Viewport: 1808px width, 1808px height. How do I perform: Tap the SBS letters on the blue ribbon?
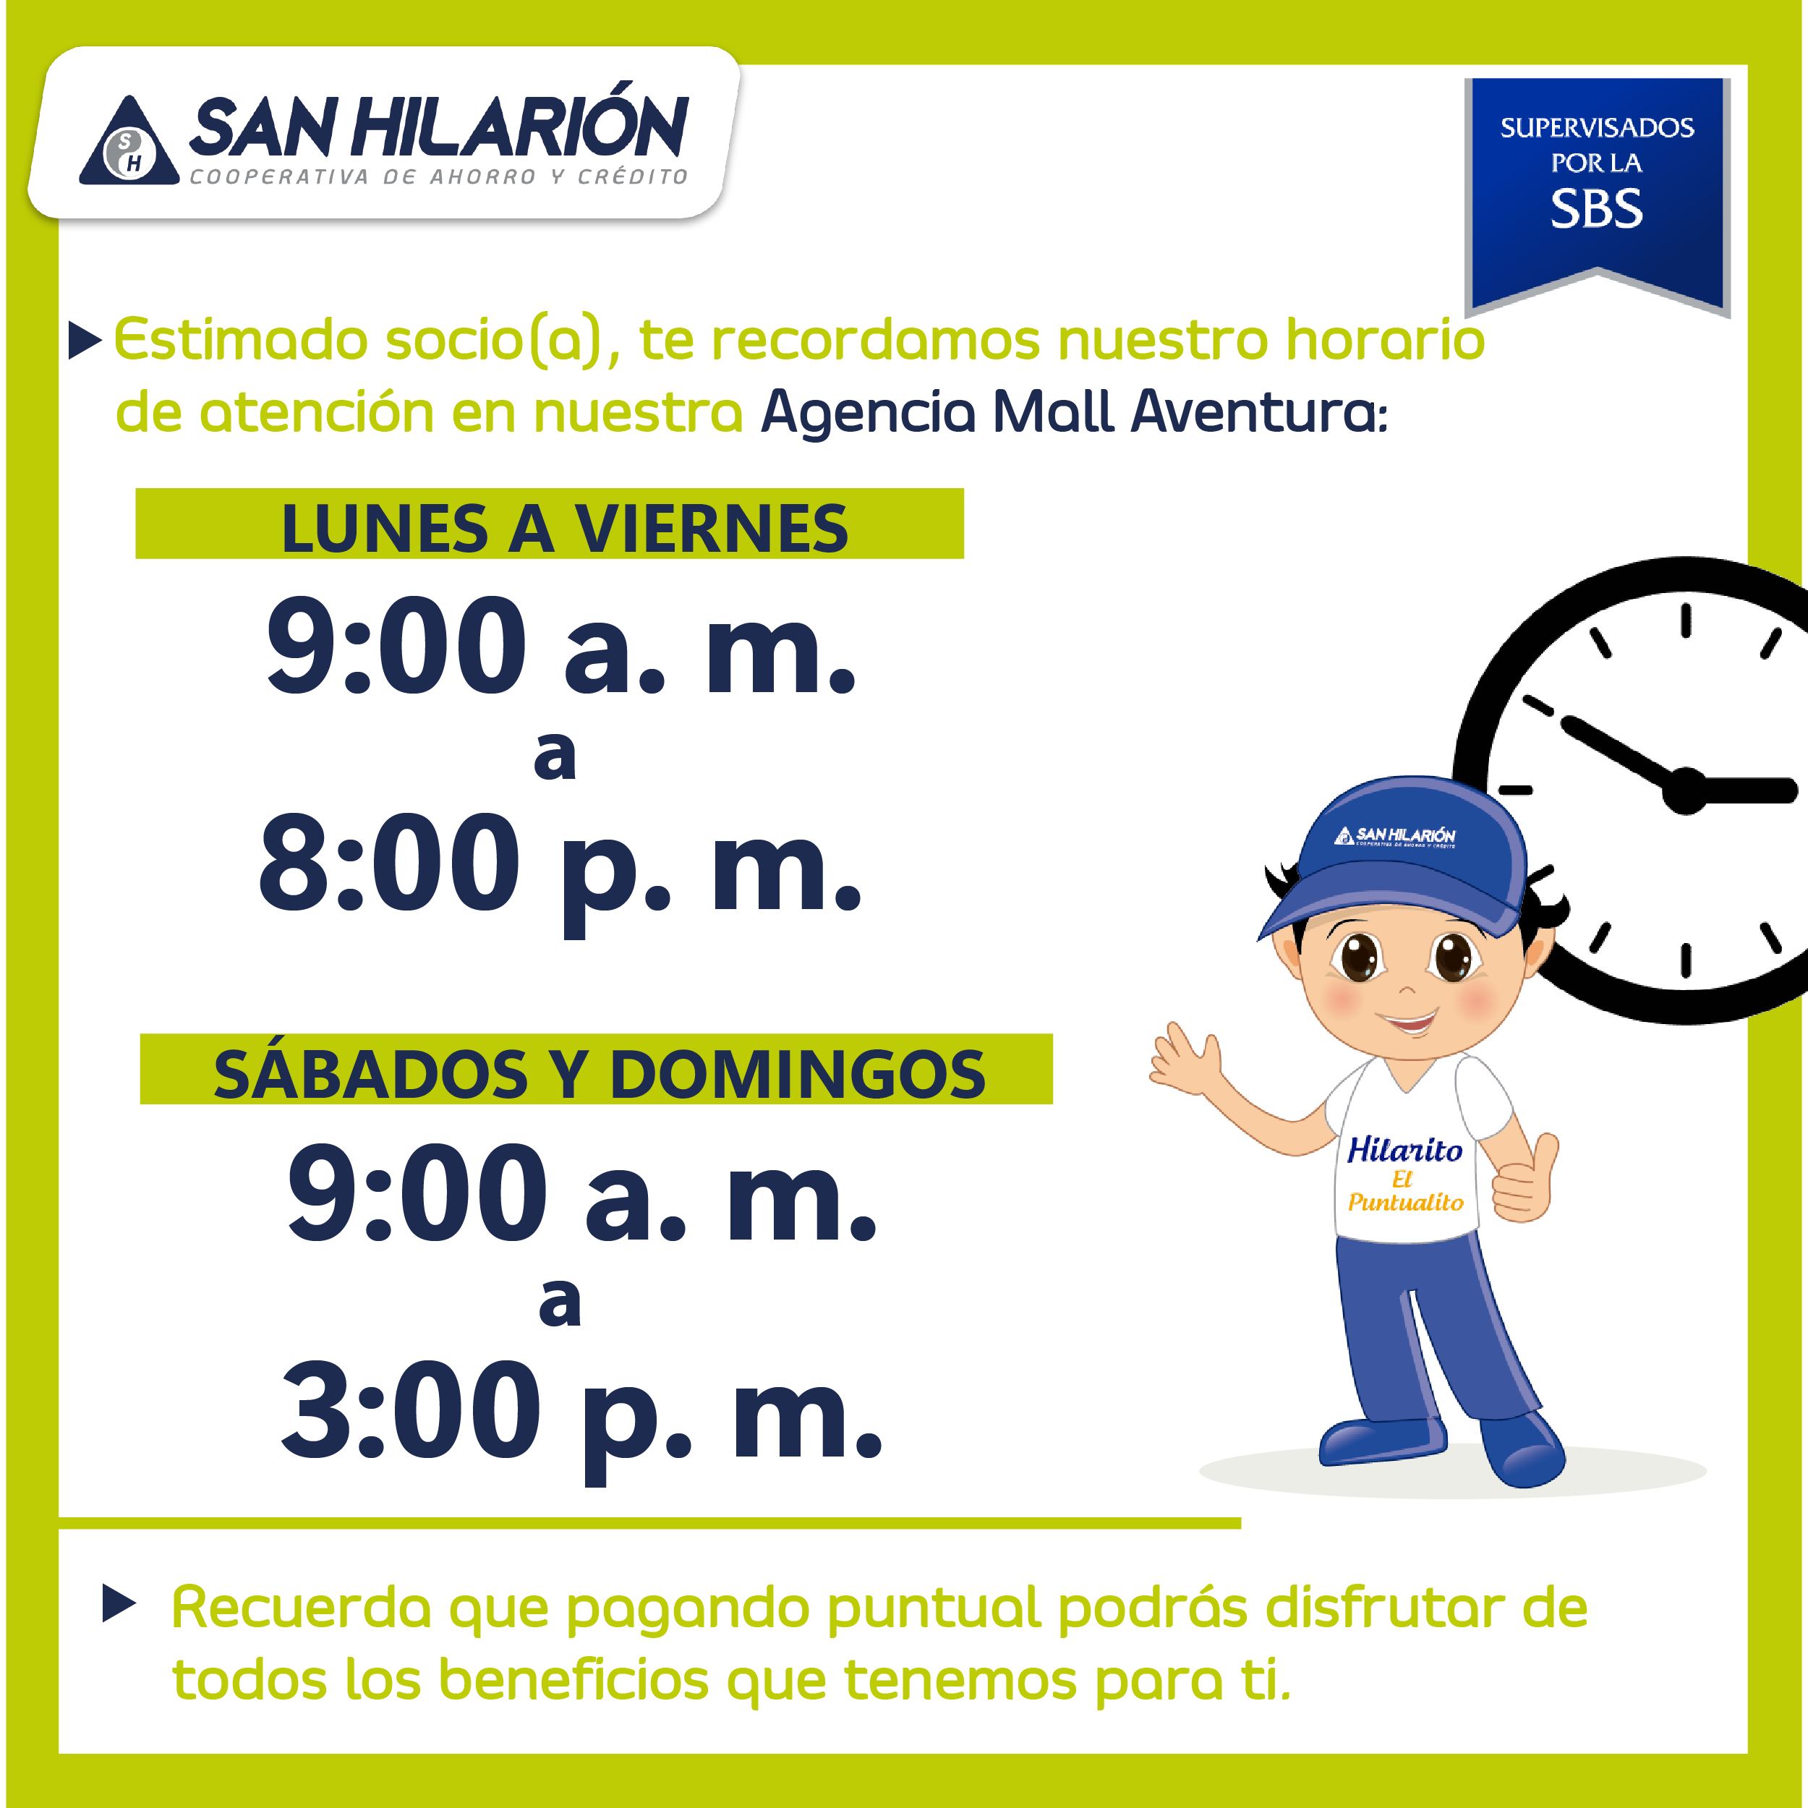1597,209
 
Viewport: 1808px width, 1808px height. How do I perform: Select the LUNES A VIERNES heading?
564,529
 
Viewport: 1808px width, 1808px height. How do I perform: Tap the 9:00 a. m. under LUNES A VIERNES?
561,646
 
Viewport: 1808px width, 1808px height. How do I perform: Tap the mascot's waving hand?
1185,1059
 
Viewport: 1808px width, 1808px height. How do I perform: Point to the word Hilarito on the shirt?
1404,1149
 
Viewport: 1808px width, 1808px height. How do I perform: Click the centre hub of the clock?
1685,790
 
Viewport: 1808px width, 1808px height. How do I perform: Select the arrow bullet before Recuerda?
119,1604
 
